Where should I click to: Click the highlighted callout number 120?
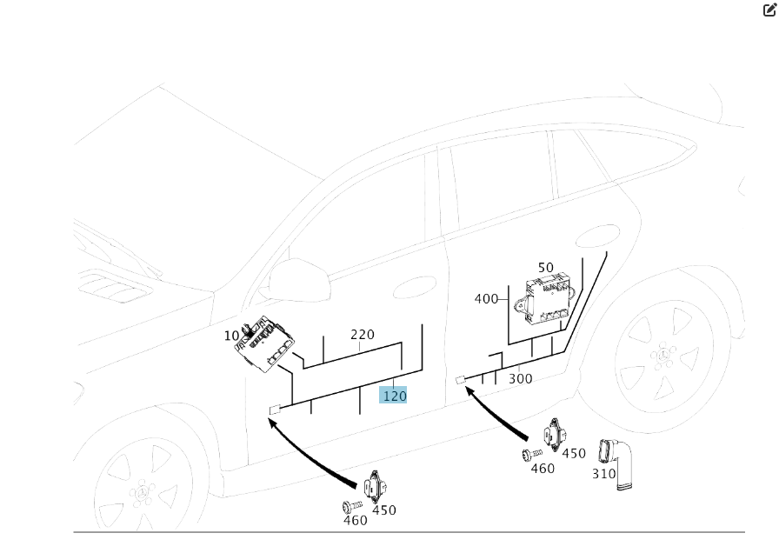point(394,396)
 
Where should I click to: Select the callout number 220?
point(363,335)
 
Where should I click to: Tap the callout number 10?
point(231,336)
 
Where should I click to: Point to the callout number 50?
point(545,269)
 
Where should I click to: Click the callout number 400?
point(486,299)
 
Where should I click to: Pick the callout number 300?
point(520,378)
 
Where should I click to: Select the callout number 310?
point(603,474)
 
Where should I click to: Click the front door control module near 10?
point(265,345)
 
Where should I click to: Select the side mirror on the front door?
point(297,281)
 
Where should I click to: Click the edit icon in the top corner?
point(769,10)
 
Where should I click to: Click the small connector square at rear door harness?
point(461,380)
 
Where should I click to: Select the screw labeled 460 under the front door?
point(349,506)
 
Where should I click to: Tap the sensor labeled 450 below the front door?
point(374,487)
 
